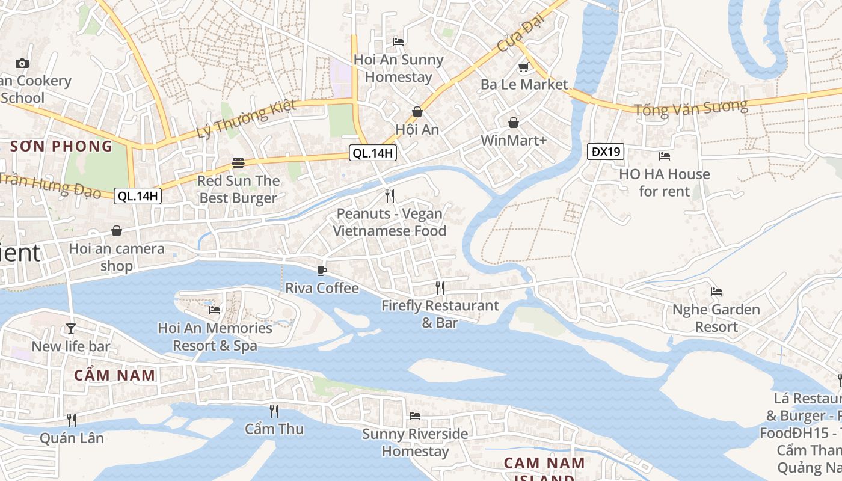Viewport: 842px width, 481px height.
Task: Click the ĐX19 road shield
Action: tap(606, 152)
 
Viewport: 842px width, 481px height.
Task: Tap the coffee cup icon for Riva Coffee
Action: tap(322, 271)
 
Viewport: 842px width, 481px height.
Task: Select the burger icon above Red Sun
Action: tap(238, 163)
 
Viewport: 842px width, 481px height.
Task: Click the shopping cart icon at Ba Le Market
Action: tap(523, 67)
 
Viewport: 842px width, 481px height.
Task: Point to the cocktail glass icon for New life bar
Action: tap(71, 328)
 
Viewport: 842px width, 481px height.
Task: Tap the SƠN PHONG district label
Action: tap(61, 146)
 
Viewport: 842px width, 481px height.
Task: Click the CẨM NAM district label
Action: tap(115, 375)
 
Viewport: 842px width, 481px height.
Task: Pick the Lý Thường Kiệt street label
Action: tap(247, 119)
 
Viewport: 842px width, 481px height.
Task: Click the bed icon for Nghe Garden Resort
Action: tap(716, 292)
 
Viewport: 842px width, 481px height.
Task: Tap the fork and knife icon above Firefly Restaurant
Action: tap(440, 288)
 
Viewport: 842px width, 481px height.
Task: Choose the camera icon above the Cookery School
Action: tap(22, 63)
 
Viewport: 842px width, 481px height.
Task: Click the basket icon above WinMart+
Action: tap(514, 123)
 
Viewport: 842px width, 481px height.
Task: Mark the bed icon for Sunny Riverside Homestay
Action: tap(415, 415)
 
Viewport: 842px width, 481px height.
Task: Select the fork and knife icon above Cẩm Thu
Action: tap(274, 411)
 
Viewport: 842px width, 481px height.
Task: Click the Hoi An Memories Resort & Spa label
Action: tap(215, 337)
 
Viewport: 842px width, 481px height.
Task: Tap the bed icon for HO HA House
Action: tap(664, 156)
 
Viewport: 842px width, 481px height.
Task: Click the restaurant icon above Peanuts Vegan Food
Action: tap(390, 195)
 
